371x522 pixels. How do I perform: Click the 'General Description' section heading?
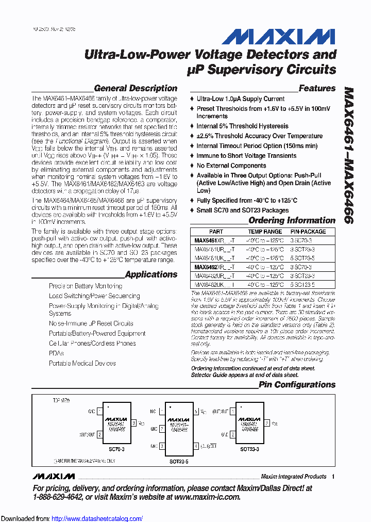[136, 88]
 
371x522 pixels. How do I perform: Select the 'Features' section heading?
[317, 88]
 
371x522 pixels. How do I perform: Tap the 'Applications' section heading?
[151, 274]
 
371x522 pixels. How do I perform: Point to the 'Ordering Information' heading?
[292, 220]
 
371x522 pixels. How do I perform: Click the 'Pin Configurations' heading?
[297, 384]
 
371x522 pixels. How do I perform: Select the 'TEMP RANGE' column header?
[265, 232]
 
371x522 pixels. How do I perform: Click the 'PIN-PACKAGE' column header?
[308, 232]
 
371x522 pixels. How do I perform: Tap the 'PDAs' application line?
[56, 353]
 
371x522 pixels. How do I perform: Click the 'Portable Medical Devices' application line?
[82, 363]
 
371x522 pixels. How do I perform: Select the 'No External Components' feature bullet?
[231, 166]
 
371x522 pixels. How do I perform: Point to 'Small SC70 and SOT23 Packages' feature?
[243, 210]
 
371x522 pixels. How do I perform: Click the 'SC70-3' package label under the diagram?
[117, 449]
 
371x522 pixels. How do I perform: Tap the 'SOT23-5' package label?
[178, 460]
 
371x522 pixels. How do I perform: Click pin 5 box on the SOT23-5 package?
[196, 412]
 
